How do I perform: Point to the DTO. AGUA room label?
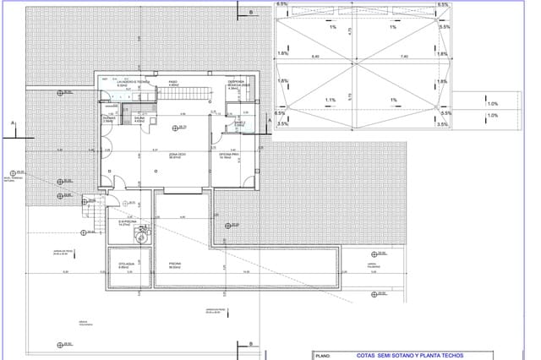coord(123,265)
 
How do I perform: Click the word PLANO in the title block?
coord(322,356)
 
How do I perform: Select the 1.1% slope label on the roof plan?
coord(331,101)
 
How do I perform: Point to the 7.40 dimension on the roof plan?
coord(405,57)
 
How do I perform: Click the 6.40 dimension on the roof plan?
coord(315,57)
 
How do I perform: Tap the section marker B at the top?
coord(251,13)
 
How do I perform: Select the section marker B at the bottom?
coord(251,343)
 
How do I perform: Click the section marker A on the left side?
coord(13,124)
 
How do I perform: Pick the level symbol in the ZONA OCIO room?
coord(178,128)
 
